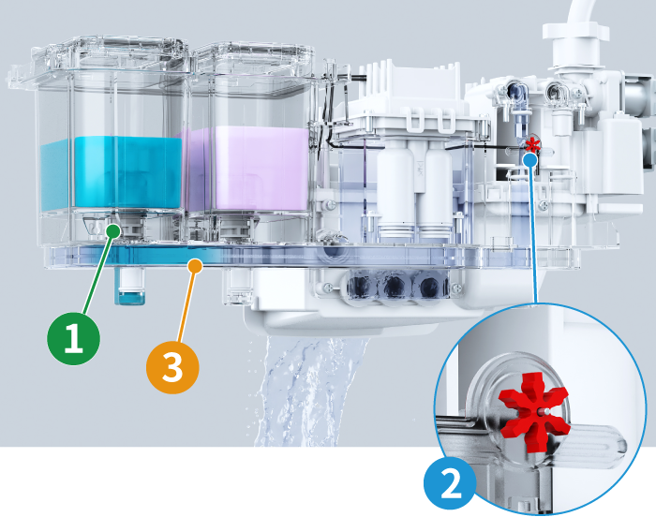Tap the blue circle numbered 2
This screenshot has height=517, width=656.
coord(451,484)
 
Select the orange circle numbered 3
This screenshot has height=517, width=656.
coord(172,367)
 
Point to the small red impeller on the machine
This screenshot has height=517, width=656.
coord(532,145)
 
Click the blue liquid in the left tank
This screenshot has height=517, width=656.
coord(111,173)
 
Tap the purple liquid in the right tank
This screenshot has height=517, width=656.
coord(246,169)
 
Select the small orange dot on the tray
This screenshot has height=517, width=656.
coord(194,266)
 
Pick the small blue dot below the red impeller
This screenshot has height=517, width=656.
coord(530,159)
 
